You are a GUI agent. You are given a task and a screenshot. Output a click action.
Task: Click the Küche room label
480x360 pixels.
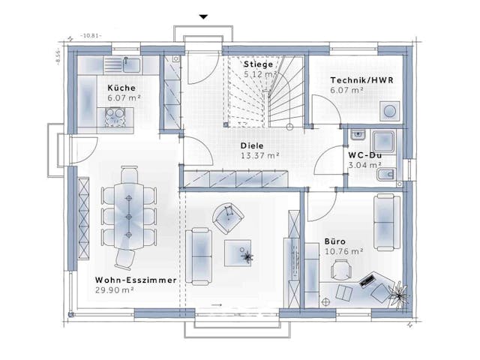[x=121, y=87]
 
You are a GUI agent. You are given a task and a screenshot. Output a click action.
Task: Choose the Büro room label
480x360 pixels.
[x=335, y=241]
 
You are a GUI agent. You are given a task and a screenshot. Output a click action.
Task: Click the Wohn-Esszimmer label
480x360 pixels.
[x=136, y=280]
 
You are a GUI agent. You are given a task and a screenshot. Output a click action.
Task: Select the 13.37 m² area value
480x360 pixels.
[x=260, y=156]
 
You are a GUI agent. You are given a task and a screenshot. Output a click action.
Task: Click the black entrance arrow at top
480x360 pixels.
[x=202, y=16]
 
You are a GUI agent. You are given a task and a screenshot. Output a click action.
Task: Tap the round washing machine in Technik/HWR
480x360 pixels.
[x=390, y=111]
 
